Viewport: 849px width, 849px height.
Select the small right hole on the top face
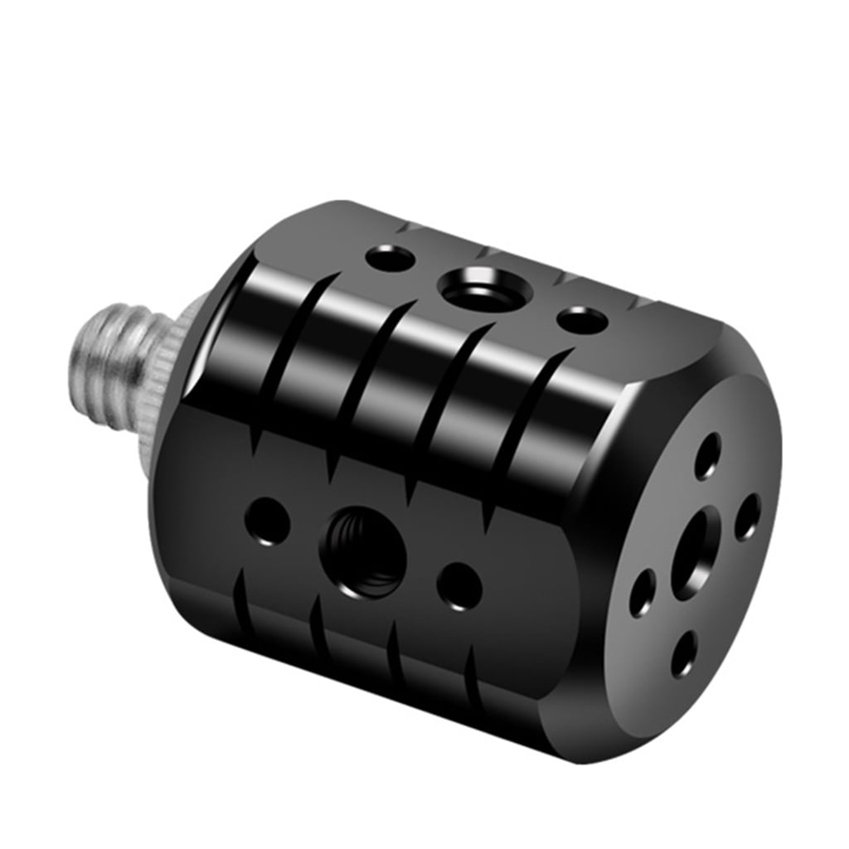click(580, 319)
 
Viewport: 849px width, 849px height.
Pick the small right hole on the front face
click(459, 585)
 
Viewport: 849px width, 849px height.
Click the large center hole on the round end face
click(693, 553)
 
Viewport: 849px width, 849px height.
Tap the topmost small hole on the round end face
click(706, 455)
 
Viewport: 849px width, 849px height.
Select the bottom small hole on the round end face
click(683, 655)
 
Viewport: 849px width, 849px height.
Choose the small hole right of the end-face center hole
click(747, 517)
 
